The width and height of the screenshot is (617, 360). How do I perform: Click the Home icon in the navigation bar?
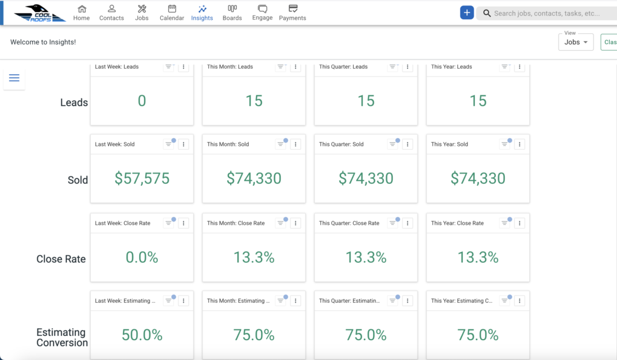coord(81,8)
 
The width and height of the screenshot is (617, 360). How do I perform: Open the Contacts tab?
coord(111,13)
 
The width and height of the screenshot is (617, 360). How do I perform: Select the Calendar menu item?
coord(172,13)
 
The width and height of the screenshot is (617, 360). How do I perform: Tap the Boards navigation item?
coord(232,13)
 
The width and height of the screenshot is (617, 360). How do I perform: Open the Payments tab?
coord(292,13)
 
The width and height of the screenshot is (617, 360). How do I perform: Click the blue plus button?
coord(467,13)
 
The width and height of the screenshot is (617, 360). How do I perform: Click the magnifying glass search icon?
coord(487,13)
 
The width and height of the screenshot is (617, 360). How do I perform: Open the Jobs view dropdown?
coord(575,42)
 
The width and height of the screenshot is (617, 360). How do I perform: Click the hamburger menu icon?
coord(14,78)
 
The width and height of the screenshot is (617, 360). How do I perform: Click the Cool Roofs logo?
coord(40,13)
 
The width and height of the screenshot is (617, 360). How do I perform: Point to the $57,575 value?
coord(142,178)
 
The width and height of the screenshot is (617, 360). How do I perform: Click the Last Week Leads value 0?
coord(142,101)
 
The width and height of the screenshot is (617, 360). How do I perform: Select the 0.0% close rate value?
coord(142,257)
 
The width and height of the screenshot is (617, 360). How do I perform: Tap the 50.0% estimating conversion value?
coord(142,335)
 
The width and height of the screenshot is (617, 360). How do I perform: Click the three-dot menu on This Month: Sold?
coord(295,144)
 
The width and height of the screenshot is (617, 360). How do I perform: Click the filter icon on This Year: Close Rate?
coord(504,223)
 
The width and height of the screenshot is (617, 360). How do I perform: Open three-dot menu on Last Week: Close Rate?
coord(183,223)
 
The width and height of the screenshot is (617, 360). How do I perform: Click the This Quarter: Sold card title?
coord(341,144)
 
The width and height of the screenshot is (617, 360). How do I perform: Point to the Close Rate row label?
coord(61,259)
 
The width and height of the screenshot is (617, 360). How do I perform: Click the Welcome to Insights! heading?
coord(43,42)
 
